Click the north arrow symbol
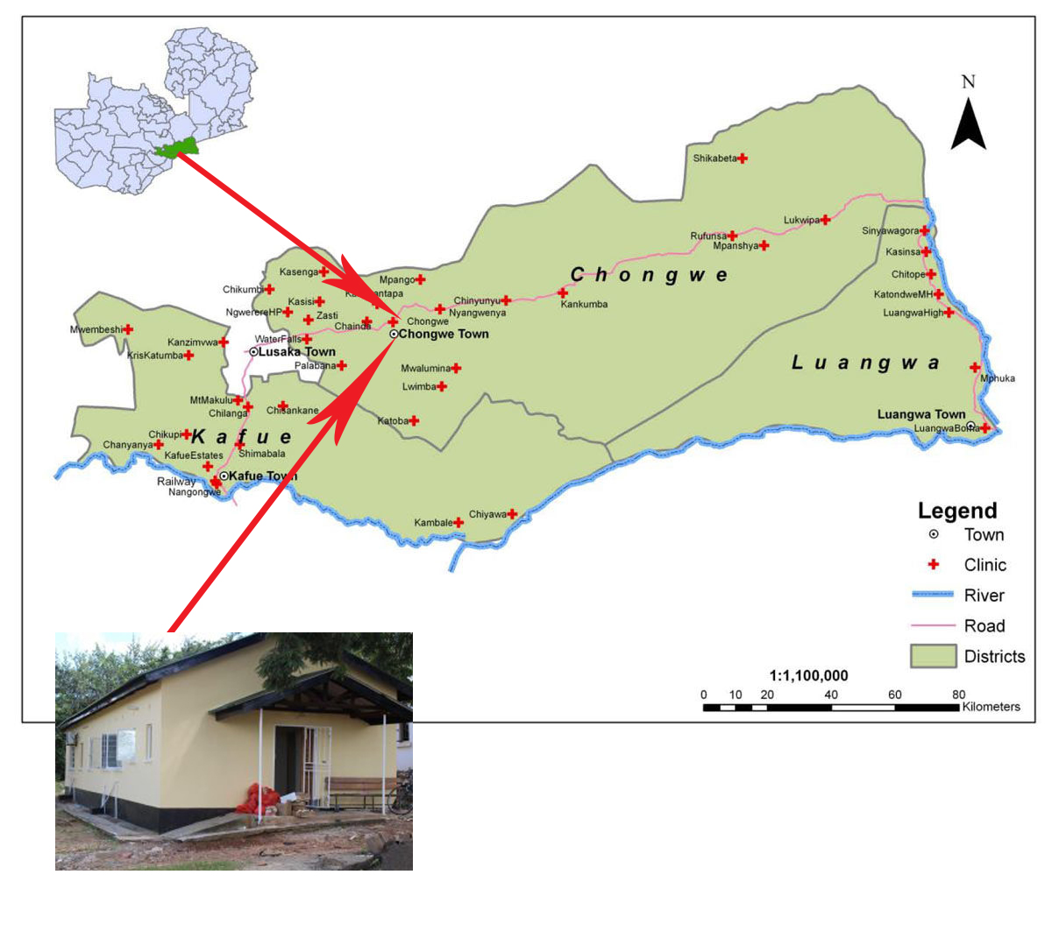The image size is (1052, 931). coord(969,124)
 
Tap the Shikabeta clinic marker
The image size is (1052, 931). coord(743,159)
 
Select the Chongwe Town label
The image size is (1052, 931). coord(444,334)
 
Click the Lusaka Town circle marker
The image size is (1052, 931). coord(253,351)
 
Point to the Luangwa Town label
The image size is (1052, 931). coord(921,414)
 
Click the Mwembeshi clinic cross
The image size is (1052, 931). coord(128,329)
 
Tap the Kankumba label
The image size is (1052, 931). coord(584,304)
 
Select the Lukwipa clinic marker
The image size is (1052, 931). coord(825,220)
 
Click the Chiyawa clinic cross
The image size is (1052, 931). coord(512,514)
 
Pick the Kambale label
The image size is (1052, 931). coord(433,523)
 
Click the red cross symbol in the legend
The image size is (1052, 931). coord(934,565)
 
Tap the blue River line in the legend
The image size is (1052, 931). coord(933,595)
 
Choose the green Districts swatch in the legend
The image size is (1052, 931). coord(933,656)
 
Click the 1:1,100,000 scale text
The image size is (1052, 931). coord(808,675)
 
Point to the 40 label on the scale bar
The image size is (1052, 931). coord(830,695)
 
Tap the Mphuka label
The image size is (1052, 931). coord(998,378)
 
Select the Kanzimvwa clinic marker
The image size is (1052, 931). coord(224,342)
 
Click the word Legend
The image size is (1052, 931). coord(957,511)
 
